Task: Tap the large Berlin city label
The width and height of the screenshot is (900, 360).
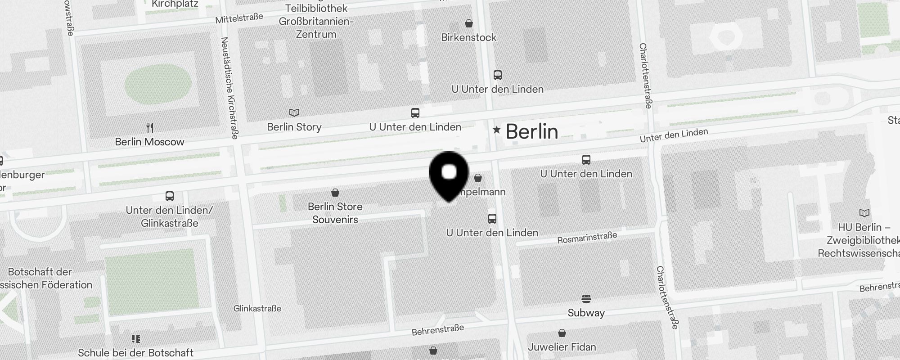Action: point(532,131)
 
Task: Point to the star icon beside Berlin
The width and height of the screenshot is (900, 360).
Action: point(496,130)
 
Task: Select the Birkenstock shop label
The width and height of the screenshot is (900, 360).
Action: point(468,37)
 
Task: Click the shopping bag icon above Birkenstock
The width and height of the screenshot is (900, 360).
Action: point(469,23)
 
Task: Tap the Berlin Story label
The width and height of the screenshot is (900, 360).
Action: point(294,127)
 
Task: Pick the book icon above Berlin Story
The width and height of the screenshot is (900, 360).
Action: point(294,112)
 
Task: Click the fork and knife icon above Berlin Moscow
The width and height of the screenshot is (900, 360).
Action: point(150,127)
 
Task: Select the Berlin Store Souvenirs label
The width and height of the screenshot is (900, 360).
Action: point(335,213)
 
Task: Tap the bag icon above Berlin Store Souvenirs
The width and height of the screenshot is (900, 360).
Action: point(335,193)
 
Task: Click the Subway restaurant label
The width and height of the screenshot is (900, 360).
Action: point(586,313)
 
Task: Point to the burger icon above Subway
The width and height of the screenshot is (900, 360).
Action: point(586,299)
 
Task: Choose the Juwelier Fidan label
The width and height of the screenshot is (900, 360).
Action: point(562,347)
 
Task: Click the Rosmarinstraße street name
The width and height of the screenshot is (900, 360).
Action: point(587,238)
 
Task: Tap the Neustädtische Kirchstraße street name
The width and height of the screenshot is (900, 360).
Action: point(229,88)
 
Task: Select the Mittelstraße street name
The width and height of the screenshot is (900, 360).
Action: point(239,18)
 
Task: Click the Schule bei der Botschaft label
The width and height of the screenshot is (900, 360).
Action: point(136,352)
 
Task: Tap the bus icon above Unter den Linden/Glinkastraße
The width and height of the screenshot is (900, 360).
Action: point(170,196)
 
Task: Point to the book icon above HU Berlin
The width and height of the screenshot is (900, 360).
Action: point(864,213)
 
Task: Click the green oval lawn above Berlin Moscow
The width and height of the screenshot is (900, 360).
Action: point(158,84)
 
